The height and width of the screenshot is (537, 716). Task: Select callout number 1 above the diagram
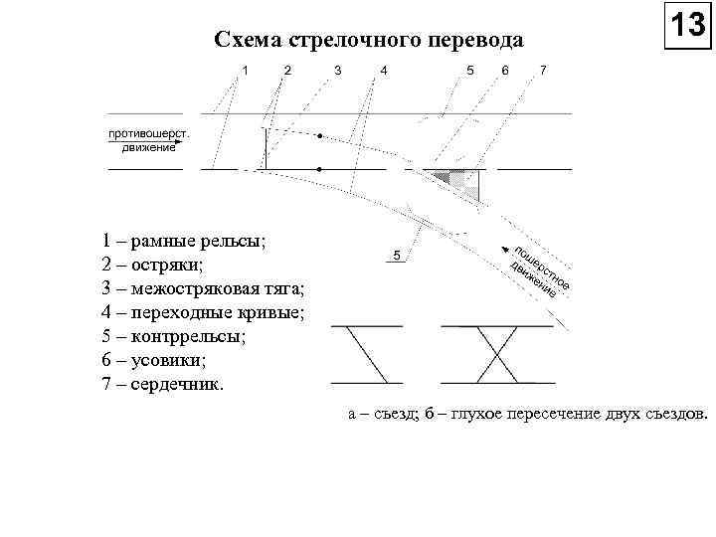246,70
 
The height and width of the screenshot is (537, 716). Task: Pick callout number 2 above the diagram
288,70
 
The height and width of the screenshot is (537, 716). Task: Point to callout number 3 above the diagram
338,70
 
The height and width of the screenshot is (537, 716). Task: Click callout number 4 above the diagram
384,70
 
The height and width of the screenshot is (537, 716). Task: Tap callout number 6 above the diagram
505,70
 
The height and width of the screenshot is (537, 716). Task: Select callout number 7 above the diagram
542,70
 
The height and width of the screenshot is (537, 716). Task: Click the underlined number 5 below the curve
396,256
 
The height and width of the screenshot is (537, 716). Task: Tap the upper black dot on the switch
319,134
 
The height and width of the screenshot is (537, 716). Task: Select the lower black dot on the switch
318,170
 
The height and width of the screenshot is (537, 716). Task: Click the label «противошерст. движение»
149,141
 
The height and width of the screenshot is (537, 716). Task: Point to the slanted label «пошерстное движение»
538,270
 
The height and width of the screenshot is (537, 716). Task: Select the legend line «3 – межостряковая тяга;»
204,289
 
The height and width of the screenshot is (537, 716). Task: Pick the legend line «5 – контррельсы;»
173,337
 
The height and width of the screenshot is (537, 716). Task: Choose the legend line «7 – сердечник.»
163,385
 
